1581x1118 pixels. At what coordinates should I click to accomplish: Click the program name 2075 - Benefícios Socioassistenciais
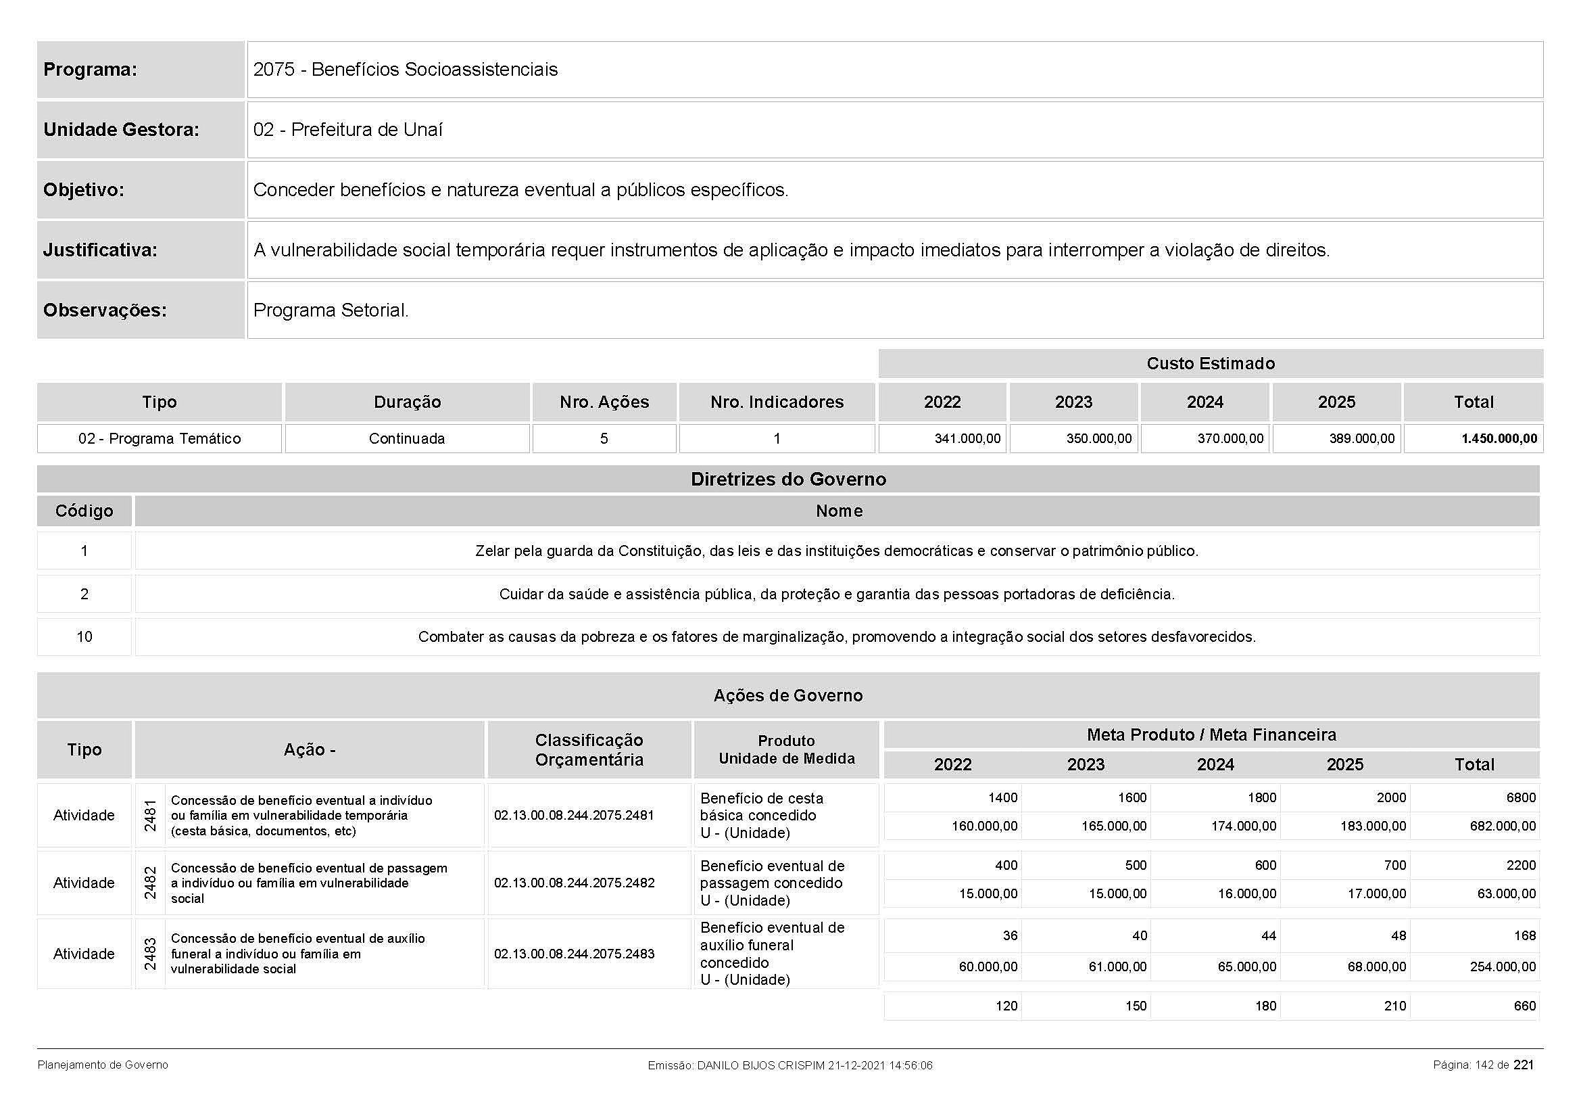click(405, 70)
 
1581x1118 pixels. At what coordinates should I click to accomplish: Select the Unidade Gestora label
click(121, 129)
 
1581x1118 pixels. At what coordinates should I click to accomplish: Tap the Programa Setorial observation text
click(331, 310)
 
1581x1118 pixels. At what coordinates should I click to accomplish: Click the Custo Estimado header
click(1210, 364)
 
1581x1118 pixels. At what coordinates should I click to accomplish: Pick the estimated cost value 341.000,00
click(967, 439)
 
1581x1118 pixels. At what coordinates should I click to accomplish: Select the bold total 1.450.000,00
click(1499, 439)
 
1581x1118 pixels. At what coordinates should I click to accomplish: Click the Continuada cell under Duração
click(407, 439)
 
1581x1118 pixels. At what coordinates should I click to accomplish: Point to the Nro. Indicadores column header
click(777, 402)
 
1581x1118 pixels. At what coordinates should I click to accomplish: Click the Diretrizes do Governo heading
click(787, 480)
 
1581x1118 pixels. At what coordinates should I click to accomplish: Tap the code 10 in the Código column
click(84, 637)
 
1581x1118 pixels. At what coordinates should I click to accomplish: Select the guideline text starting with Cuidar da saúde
click(837, 595)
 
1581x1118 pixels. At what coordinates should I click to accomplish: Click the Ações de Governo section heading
click(787, 696)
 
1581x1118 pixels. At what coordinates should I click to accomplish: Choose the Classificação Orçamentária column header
click(589, 750)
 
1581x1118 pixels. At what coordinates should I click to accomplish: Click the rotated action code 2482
click(150, 883)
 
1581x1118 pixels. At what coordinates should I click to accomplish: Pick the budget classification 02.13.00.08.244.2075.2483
click(574, 954)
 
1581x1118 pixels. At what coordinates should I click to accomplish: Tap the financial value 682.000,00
click(1503, 826)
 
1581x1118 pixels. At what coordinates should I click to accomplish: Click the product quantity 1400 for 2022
click(1002, 797)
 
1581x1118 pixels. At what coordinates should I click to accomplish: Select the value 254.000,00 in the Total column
click(1503, 967)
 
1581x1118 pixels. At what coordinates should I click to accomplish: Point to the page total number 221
click(1524, 1065)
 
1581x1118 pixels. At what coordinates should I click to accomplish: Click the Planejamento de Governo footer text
click(103, 1066)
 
